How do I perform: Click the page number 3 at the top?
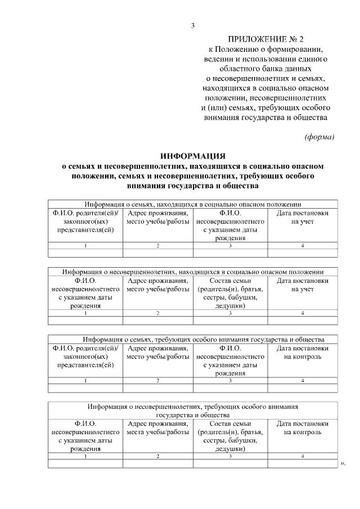tap(192, 25)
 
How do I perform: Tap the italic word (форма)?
tap(319, 137)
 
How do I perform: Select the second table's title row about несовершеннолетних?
tap(192, 272)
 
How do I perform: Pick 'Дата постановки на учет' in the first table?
tap(302, 218)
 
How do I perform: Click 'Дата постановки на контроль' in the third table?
tap(302, 353)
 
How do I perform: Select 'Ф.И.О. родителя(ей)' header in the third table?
tap(85, 348)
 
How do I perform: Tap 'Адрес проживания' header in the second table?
tap(157, 281)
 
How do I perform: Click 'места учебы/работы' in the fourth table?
tap(157, 432)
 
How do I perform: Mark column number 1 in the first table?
tap(85, 246)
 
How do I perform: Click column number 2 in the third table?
tap(157, 381)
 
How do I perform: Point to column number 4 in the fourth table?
tap(302, 456)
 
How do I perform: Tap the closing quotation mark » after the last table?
tap(342, 464)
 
